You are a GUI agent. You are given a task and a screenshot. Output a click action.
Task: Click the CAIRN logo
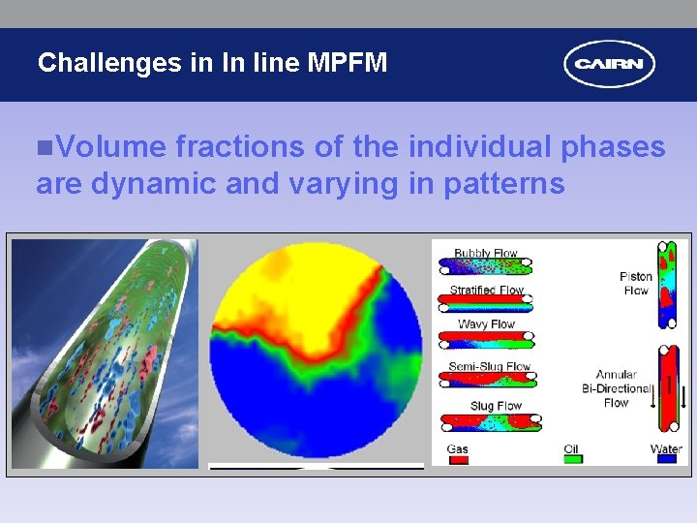(610, 65)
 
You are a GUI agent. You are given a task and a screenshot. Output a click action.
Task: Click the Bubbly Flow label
(486, 254)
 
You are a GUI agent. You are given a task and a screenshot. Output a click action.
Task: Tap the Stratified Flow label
(486, 290)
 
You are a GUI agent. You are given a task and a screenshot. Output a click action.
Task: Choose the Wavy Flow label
(486, 324)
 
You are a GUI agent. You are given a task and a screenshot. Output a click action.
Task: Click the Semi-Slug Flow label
(490, 367)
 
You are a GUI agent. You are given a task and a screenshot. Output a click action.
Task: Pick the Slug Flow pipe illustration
(490, 422)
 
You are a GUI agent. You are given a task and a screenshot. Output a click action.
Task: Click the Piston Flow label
(636, 283)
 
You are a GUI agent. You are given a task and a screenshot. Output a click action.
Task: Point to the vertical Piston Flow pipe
(667, 284)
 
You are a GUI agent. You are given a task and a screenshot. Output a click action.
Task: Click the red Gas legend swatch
(459, 460)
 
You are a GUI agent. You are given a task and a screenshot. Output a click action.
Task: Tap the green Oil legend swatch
(572, 460)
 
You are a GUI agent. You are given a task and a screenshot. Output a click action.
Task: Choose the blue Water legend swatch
(666, 460)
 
